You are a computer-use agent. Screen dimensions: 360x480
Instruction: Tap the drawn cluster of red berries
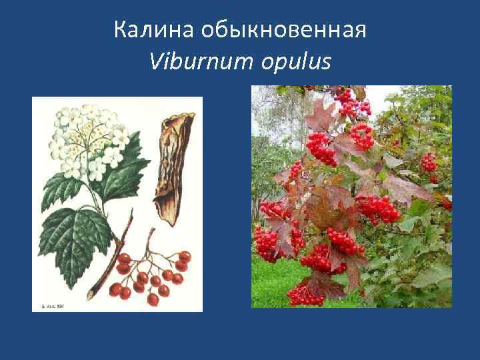150,273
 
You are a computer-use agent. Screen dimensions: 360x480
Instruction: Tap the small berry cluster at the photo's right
429,163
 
